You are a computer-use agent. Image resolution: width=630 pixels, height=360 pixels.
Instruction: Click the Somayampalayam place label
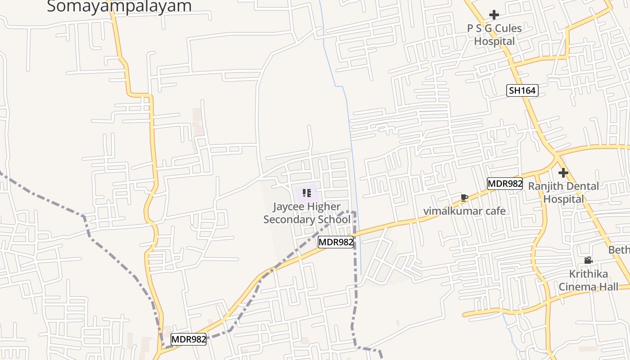click(119, 6)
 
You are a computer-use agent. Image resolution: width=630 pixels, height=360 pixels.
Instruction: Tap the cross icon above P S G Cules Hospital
click(494, 15)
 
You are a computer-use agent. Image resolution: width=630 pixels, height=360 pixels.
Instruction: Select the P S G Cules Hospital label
click(494, 35)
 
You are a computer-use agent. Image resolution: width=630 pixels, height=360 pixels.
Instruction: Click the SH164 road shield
click(522, 90)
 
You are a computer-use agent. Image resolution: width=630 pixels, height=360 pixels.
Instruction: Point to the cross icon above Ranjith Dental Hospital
click(563, 173)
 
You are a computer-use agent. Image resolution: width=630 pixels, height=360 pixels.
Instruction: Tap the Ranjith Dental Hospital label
click(563, 193)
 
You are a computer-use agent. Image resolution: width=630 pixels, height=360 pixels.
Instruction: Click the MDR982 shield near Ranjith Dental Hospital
click(505, 184)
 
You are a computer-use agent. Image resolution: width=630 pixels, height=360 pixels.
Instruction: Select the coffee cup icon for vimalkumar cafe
click(464, 198)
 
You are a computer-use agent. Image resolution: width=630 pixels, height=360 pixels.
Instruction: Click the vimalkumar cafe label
click(464, 211)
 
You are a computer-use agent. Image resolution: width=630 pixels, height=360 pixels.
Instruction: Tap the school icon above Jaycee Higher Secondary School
click(307, 193)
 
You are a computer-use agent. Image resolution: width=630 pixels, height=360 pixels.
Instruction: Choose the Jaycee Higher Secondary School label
click(307, 213)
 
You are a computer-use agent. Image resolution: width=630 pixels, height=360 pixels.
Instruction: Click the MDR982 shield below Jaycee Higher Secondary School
click(336, 242)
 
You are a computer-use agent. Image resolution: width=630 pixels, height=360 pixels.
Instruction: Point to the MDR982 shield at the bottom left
click(189, 339)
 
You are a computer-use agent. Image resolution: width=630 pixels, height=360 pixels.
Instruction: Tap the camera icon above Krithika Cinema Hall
click(588, 260)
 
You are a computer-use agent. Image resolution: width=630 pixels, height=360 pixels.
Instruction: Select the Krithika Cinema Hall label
click(588, 280)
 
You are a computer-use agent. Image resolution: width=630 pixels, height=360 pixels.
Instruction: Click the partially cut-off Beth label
click(619, 250)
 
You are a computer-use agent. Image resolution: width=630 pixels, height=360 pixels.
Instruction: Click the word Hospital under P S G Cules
click(494, 41)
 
